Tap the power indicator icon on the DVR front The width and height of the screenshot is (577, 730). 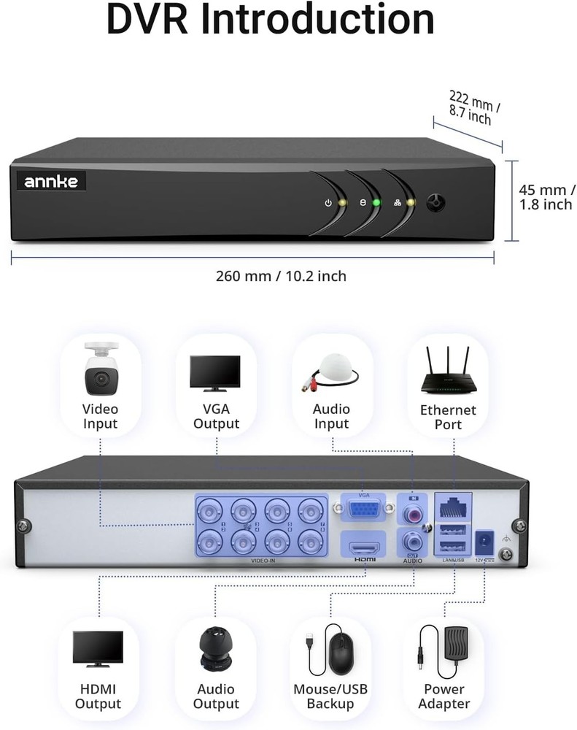pyautogui.click(x=328, y=203)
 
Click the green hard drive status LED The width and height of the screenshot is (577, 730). pyautogui.click(x=376, y=203)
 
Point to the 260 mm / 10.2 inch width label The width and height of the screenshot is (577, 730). pyautogui.click(x=281, y=276)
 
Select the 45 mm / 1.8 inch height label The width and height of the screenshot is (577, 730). pyautogui.click(x=546, y=197)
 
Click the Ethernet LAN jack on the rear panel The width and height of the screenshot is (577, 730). pyautogui.click(x=453, y=504)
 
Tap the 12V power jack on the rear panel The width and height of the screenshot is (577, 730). pyautogui.click(x=483, y=543)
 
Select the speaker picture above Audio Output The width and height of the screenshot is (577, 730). pyautogui.click(x=217, y=649)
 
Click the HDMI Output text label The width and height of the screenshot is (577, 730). pyautogui.click(x=98, y=696)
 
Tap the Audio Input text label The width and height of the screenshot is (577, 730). pyautogui.click(x=331, y=416)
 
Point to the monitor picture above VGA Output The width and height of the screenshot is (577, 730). pyautogui.click(x=215, y=372)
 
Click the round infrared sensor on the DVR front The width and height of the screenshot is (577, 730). pyautogui.click(x=436, y=202)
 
